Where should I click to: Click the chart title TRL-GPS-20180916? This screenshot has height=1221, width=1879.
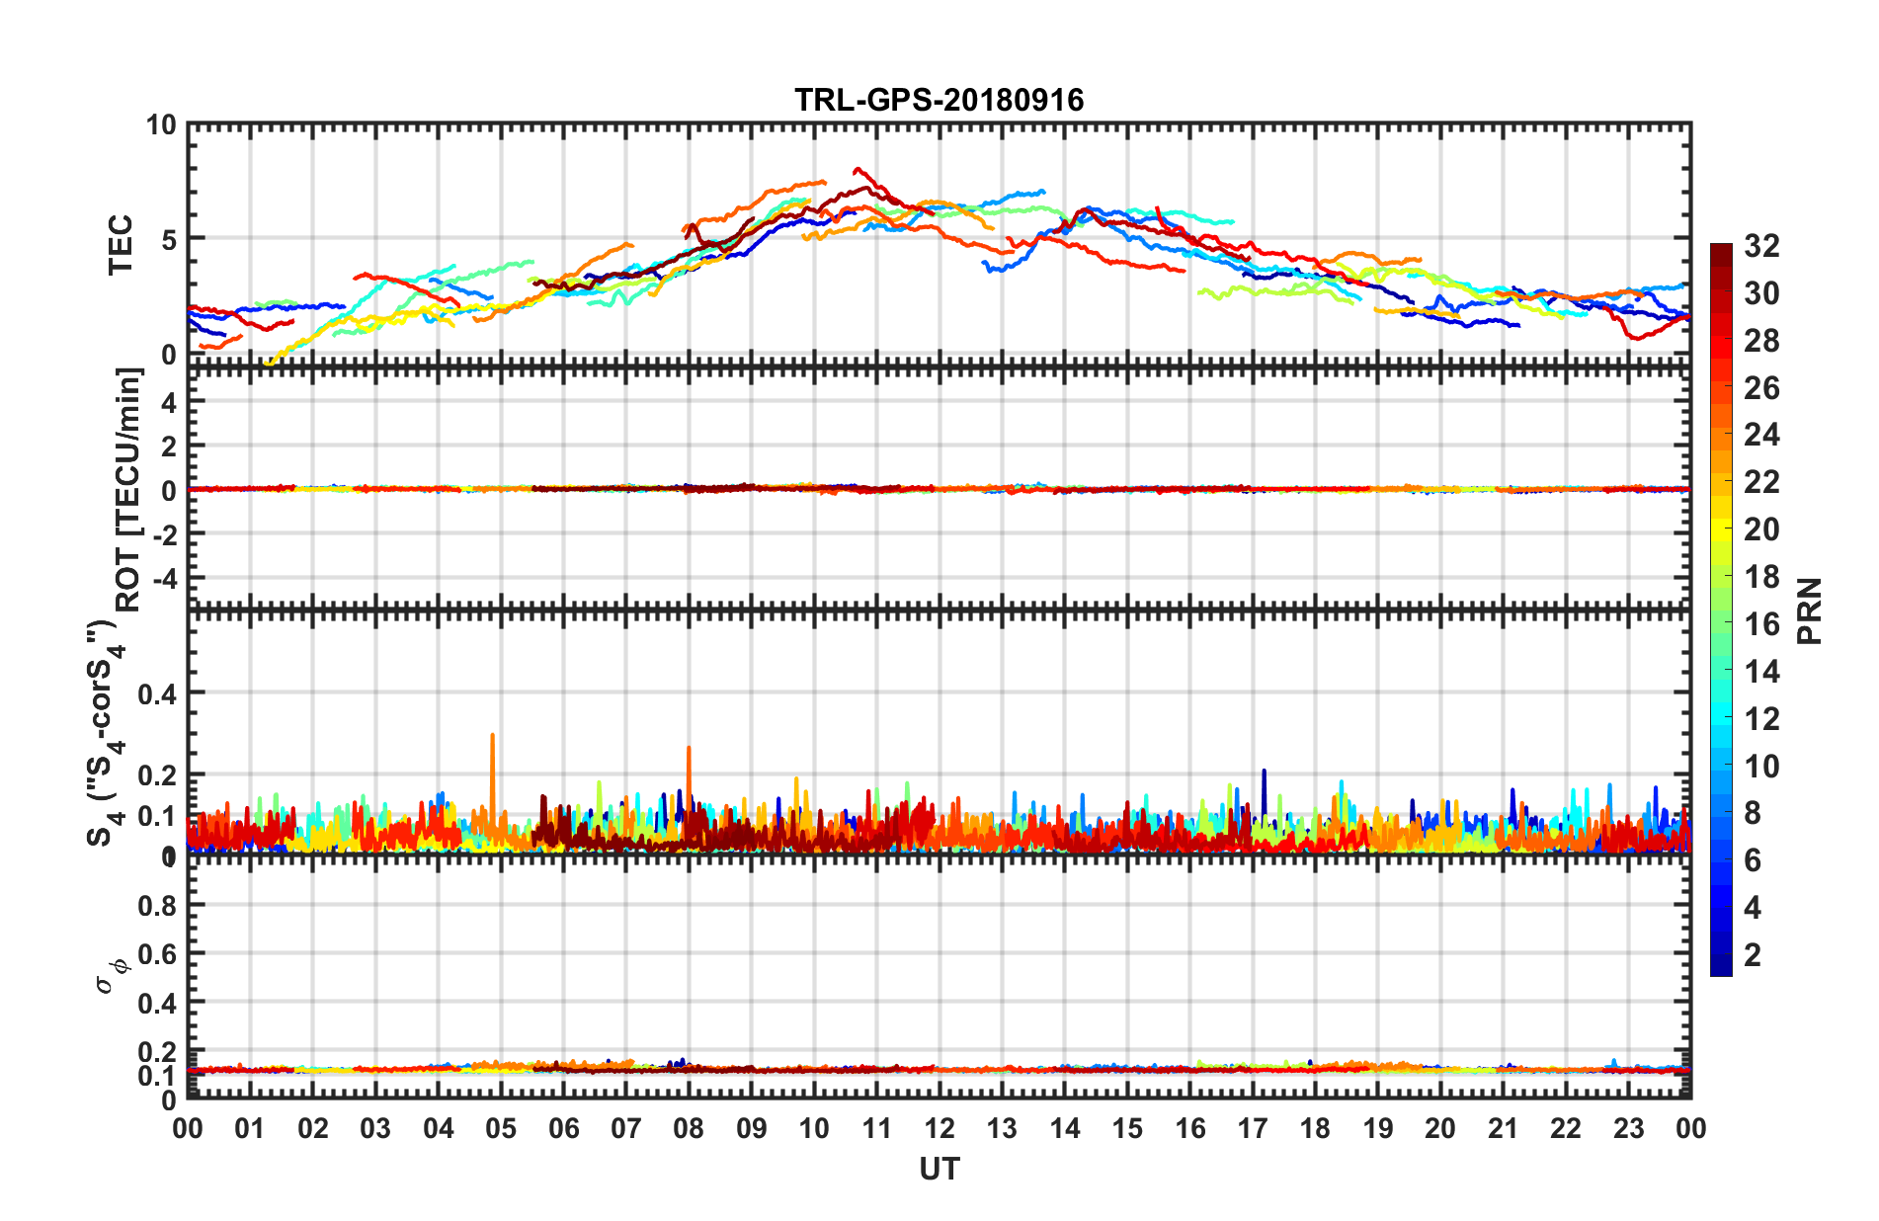pos(939,100)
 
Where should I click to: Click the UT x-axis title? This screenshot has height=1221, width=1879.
pos(939,1170)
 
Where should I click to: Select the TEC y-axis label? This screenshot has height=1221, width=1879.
pos(121,244)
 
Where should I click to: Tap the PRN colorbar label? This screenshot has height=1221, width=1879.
pos(1810,611)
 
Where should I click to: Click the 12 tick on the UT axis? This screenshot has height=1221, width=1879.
pos(939,1128)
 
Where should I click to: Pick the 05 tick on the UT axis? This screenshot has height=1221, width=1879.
pos(501,1128)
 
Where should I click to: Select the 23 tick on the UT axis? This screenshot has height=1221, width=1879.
pos(1628,1128)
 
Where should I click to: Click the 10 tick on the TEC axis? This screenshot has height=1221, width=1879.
pos(160,125)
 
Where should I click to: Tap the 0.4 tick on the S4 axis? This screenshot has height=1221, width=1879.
pos(157,693)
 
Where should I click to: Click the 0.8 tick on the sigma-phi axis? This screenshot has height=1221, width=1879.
pos(157,905)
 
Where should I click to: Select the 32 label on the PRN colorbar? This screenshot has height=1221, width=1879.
pos(1761,246)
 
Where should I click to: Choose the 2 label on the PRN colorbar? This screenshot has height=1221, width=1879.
pos(1753,955)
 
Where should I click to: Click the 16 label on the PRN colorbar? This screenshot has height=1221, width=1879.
pos(1761,624)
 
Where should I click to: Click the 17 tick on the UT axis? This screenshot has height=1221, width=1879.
pos(1253,1128)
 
